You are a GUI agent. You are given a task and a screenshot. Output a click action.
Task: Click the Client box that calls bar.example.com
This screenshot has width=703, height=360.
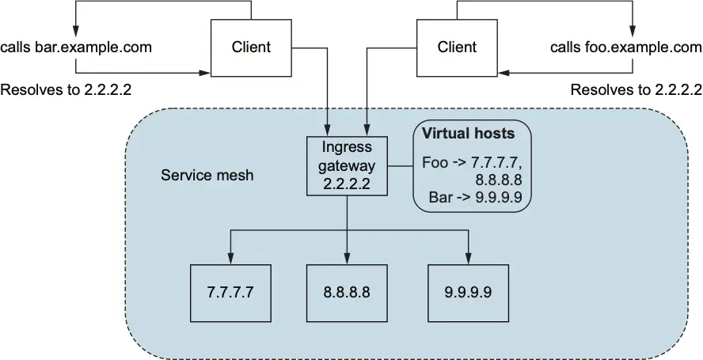[251, 47]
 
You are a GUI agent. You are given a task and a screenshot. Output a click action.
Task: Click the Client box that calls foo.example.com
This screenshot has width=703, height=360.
[457, 47]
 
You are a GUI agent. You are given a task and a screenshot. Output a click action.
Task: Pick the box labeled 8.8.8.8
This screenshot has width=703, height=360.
[346, 291]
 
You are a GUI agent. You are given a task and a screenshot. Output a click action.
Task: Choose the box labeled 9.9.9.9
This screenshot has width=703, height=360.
[468, 291]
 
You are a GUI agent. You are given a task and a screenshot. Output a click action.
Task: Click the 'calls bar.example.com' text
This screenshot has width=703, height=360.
[76, 47]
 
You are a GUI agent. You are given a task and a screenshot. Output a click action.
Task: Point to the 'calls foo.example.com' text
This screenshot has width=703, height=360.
[626, 47]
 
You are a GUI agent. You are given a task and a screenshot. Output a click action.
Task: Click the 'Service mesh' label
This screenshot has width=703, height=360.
[207, 175]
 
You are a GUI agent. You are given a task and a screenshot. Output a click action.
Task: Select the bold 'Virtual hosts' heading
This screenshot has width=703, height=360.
[467, 133]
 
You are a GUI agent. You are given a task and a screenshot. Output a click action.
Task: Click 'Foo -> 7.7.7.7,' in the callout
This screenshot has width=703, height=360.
[473, 162]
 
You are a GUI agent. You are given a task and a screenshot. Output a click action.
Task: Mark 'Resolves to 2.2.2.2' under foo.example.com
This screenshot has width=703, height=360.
[636, 89]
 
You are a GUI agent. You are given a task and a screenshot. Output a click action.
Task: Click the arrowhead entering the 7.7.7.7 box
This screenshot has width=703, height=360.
[230, 259]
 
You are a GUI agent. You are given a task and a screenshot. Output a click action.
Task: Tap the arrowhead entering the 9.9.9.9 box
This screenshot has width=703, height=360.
[468, 259]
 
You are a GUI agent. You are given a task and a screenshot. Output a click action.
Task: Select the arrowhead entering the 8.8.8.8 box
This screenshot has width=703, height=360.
[346, 259]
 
